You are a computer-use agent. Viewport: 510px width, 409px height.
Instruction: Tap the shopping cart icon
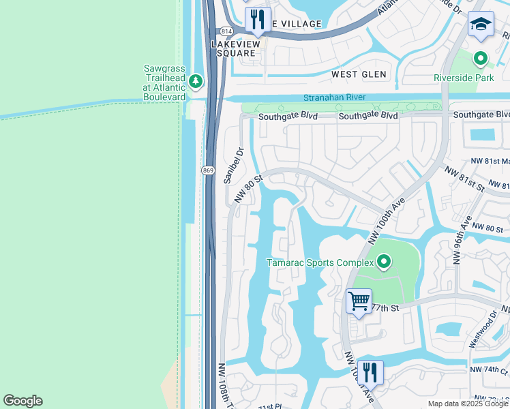[x=359, y=301]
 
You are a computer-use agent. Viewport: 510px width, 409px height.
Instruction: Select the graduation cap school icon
[x=480, y=25]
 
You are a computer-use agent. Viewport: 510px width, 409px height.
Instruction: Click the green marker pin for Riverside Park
[x=480, y=59]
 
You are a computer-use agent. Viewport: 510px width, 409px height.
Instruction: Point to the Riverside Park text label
[x=463, y=78]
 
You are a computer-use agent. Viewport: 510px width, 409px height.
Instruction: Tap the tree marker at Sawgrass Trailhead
[x=196, y=82]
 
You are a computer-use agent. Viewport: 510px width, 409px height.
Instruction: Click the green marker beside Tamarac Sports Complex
[x=384, y=262]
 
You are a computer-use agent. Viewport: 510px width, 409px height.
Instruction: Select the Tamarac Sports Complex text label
[x=320, y=262]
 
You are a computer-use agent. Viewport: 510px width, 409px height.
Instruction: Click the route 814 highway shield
[x=224, y=31]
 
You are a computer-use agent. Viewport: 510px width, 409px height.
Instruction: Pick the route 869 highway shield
[x=209, y=169]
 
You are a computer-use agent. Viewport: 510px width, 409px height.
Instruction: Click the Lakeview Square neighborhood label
[x=235, y=48]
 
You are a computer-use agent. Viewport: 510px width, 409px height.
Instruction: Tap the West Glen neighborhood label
[x=359, y=74]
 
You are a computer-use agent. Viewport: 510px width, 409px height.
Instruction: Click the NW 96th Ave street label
[x=462, y=238]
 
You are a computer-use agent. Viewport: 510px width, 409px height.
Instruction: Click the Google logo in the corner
[x=22, y=400]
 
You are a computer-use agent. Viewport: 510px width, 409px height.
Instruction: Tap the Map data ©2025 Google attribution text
[x=468, y=404]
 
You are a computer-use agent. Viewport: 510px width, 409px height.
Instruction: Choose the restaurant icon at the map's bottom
[x=369, y=372]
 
